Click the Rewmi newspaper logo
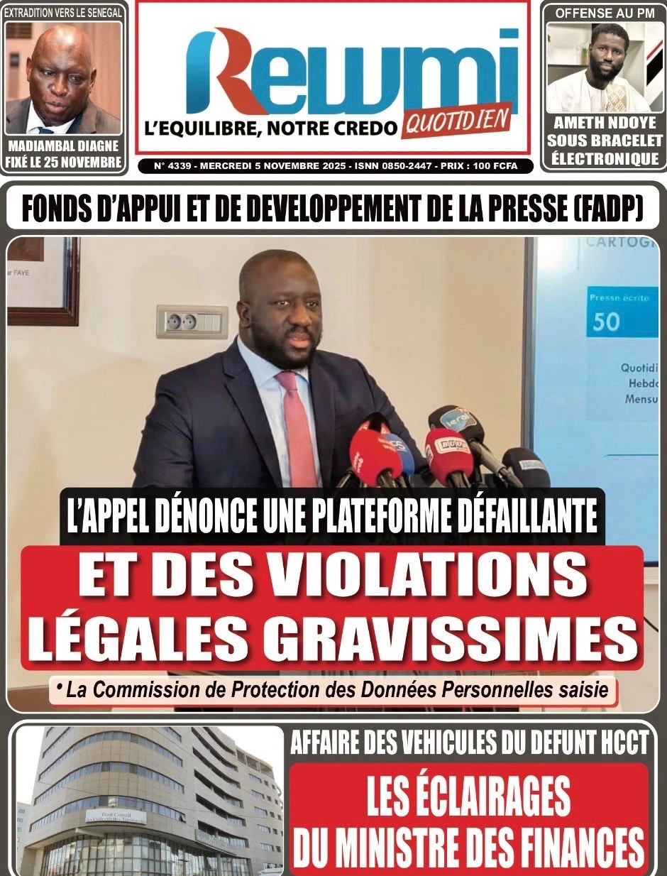[351, 71]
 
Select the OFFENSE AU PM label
[605, 13]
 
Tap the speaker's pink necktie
[297, 426]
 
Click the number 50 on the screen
[606, 322]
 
